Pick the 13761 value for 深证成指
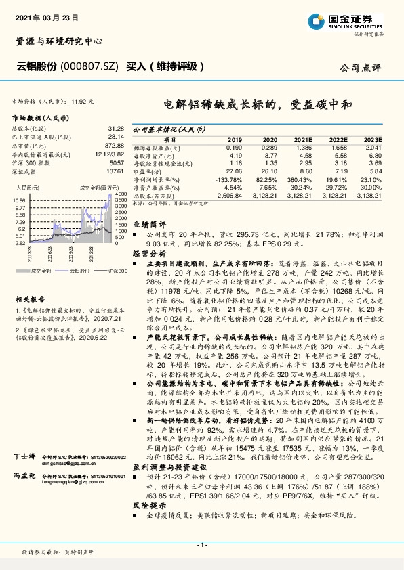(x=117, y=171)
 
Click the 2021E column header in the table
(x=302, y=139)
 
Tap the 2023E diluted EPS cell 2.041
(x=373, y=147)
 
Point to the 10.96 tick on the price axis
(x=19, y=200)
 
